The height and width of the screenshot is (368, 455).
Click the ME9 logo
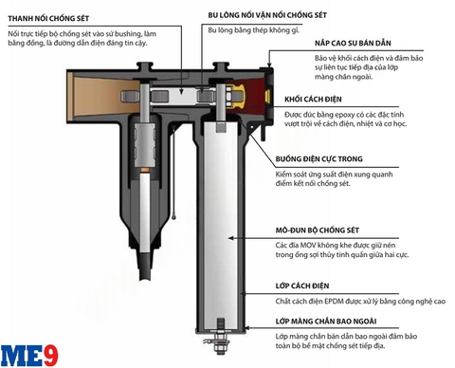point(26,353)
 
